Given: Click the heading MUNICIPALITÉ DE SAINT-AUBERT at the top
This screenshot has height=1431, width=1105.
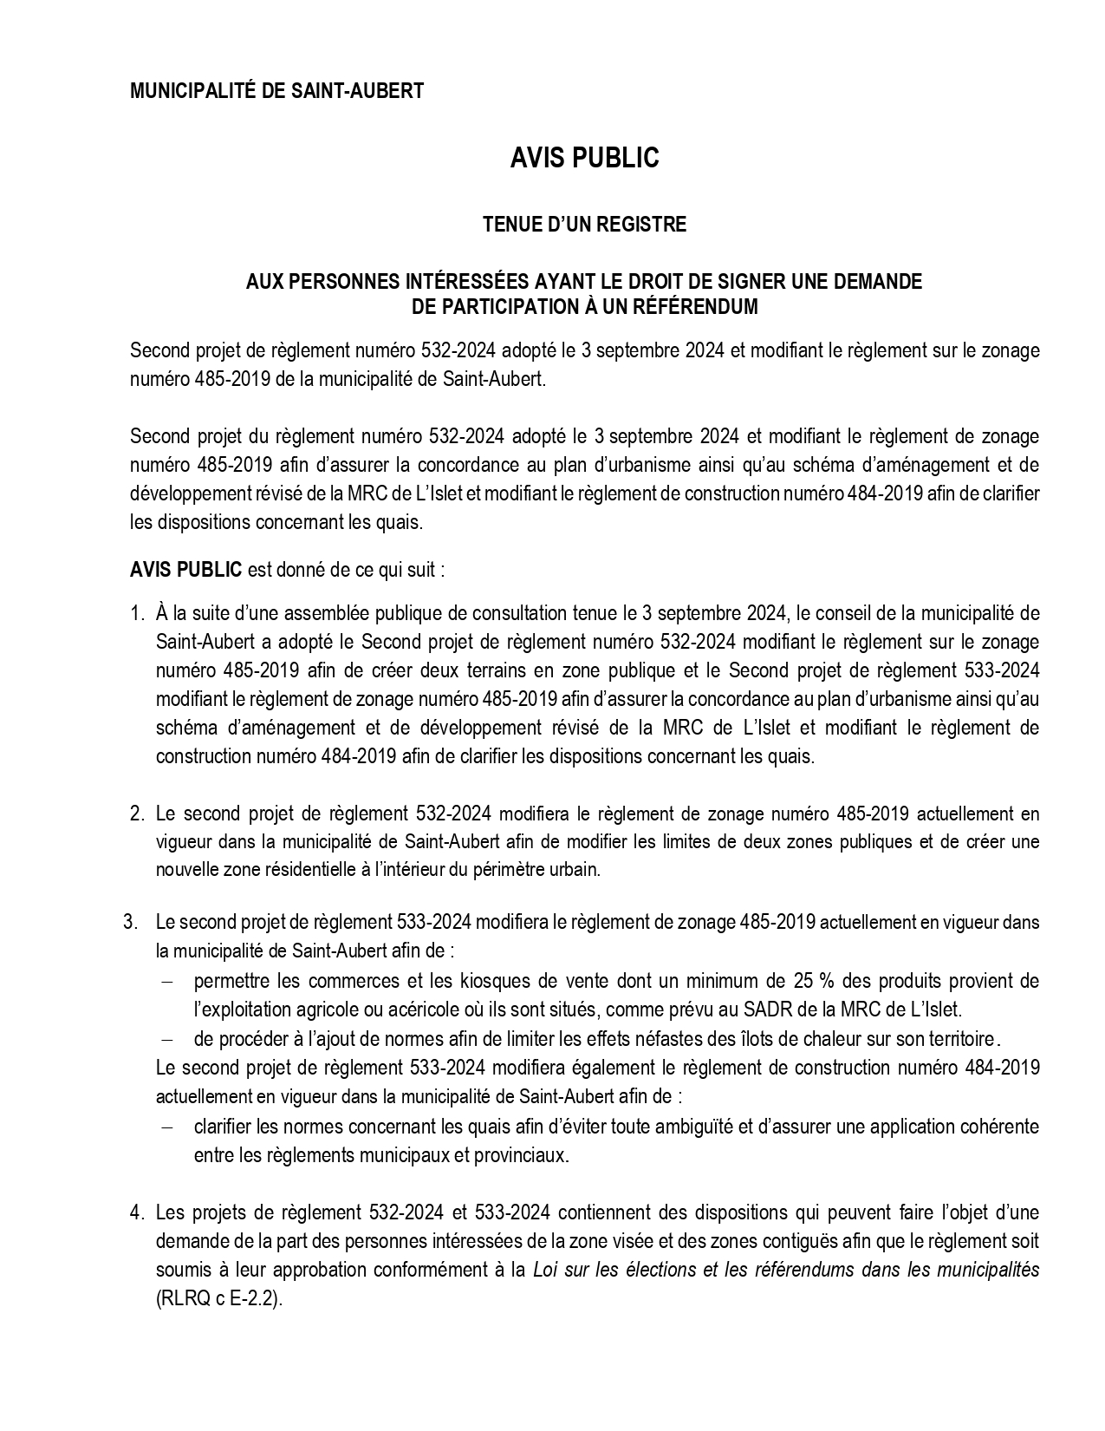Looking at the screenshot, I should pyautogui.click(x=276, y=91).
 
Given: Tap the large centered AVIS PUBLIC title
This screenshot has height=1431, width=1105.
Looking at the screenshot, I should pyautogui.click(x=584, y=158).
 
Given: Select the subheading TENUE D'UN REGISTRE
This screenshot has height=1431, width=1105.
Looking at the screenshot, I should pyautogui.click(x=584, y=225).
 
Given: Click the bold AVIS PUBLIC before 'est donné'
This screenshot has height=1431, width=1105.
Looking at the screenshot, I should pyautogui.click(x=185, y=571).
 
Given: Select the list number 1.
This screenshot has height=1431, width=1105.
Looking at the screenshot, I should pyautogui.click(x=136, y=614).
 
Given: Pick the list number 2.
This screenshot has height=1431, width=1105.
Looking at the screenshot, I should pyautogui.click(x=136, y=814).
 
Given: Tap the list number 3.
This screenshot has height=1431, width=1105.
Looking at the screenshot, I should pyautogui.click(x=131, y=922).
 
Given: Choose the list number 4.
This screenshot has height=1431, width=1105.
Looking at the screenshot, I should pyautogui.click(x=136, y=1212).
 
